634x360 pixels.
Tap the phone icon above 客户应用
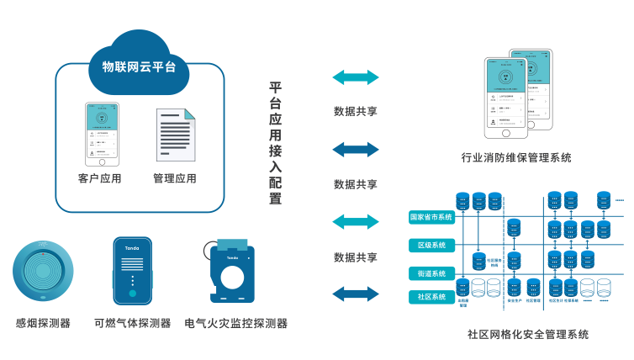pos(102,134)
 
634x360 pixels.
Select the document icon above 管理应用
pos(175,137)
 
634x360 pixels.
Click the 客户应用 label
pos(100,178)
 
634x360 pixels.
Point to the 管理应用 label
pos(175,178)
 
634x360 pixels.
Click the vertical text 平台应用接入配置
pos(276,143)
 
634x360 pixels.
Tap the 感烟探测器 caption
pos(43,323)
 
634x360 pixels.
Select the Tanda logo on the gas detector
pos(132,250)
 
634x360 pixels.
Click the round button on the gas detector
pos(132,294)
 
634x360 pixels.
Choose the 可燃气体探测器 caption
pos(132,323)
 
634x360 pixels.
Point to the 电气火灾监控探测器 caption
pos(236,323)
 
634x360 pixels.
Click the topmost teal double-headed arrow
pos(355,78)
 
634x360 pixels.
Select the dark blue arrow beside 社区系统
pos(355,294)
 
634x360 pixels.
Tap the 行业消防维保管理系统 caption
pos(516,157)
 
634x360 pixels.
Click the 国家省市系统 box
pos(431,217)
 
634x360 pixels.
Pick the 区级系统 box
pos(431,246)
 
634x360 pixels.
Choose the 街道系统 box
pos(431,273)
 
